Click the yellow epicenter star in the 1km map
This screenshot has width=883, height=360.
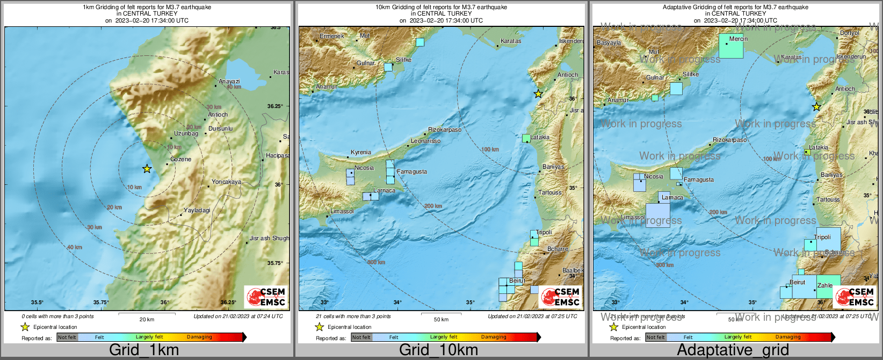(147, 169)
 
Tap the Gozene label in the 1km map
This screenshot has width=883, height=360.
(180, 159)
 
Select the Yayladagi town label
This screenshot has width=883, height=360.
(197, 210)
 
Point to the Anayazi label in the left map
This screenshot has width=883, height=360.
(229, 82)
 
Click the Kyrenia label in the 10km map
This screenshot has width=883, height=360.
(361, 152)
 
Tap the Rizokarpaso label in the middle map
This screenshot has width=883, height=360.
(445, 129)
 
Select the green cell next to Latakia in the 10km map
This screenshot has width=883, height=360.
(526, 138)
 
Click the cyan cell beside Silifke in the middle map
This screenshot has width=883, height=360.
(388, 67)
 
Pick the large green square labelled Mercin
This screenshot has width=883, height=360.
(731, 46)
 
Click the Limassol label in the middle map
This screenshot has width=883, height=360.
(342, 211)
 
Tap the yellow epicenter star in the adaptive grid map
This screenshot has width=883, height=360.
(816, 107)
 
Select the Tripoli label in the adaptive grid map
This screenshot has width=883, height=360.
(822, 237)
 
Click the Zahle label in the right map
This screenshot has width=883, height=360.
(825, 285)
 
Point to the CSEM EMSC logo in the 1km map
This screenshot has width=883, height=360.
(266, 297)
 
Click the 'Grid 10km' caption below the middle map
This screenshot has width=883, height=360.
(438, 350)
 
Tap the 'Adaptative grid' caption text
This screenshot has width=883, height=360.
(733, 350)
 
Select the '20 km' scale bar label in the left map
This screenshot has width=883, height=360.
(147, 319)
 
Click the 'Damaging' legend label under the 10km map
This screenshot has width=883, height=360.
(494, 337)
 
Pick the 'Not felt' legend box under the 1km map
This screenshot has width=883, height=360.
(67, 337)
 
